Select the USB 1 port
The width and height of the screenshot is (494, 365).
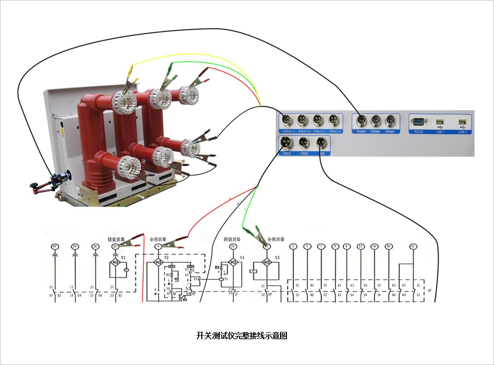[440, 123]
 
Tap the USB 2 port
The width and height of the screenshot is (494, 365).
[462, 123]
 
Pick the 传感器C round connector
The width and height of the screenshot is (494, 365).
[390, 120]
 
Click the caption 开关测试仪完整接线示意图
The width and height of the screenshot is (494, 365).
[242, 336]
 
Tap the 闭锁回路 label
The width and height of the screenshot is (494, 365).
[232, 239]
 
